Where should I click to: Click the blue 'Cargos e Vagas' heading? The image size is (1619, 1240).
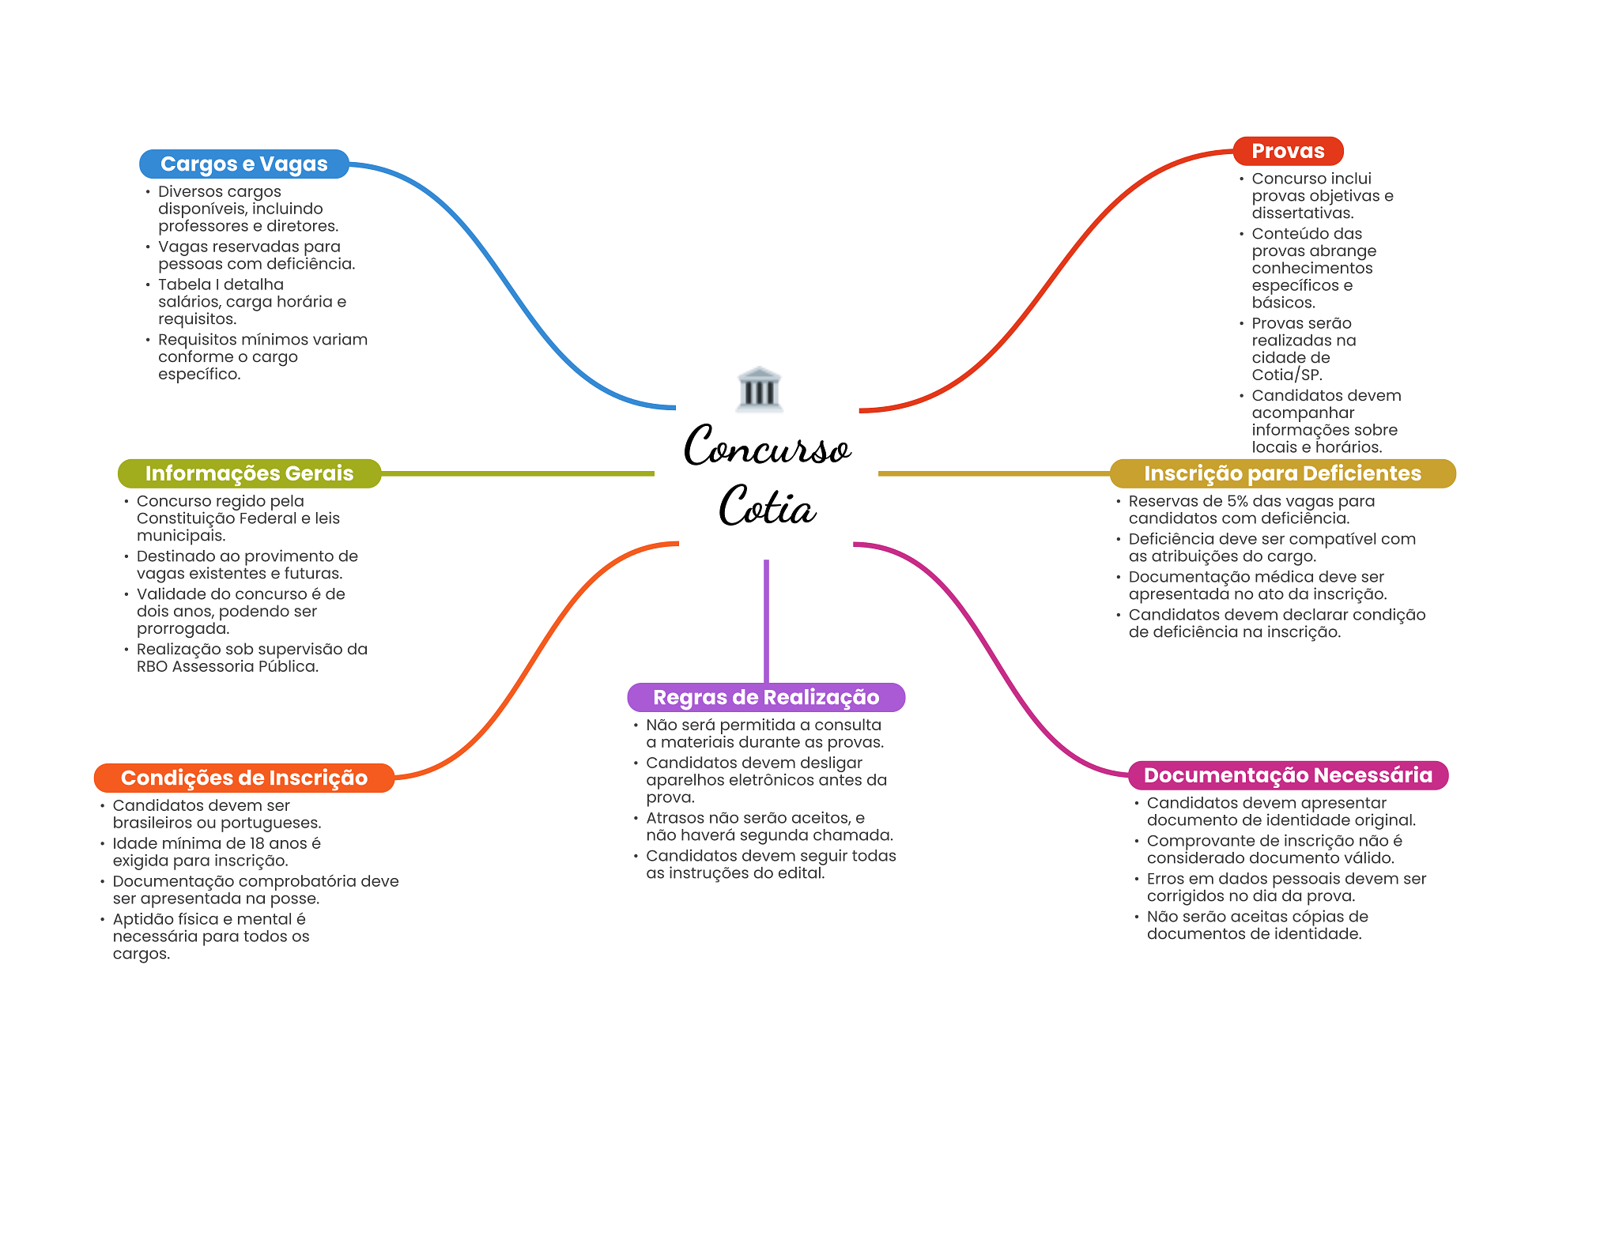[x=244, y=164]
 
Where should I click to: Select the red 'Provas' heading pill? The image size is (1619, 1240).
[x=1288, y=151]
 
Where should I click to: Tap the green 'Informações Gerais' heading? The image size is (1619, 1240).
[x=249, y=473]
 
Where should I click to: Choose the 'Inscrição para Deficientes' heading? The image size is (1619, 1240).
[x=1282, y=473]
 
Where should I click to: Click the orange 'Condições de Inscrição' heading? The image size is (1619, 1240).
[x=244, y=778]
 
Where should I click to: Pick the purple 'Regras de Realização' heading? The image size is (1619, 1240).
[x=766, y=697]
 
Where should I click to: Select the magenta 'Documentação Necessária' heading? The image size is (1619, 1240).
[x=1288, y=775]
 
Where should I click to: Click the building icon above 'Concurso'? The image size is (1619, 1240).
[x=760, y=389]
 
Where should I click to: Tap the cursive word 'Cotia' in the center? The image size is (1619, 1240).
[x=768, y=506]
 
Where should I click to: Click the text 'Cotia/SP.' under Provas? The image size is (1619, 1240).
[x=1287, y=375]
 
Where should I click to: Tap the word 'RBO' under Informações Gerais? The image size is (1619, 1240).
[x=152, y=666]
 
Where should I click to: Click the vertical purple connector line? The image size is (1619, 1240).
[x=766, y=621]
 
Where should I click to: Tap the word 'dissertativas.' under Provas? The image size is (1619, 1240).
[x=1303, y=213]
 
